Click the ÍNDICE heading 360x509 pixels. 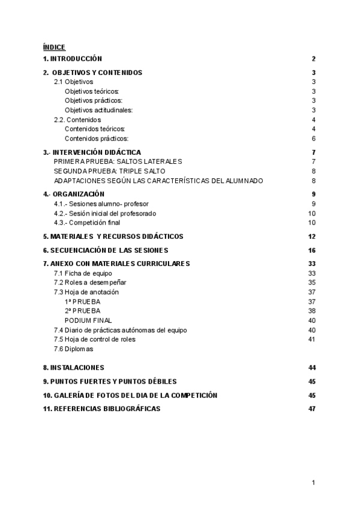point(54,47)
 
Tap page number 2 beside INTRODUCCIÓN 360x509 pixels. point(314,59)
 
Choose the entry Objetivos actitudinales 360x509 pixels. point(98,110)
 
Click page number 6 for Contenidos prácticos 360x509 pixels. point(314,139)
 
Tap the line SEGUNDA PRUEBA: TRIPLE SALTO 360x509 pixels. point(109,171)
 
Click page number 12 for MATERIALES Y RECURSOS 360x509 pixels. point(312,236)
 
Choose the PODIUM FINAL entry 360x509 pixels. point(88,320)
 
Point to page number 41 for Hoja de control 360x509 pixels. point(312,339)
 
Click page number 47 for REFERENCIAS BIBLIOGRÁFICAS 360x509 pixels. point(312,409)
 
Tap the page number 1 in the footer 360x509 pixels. point(314,483)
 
